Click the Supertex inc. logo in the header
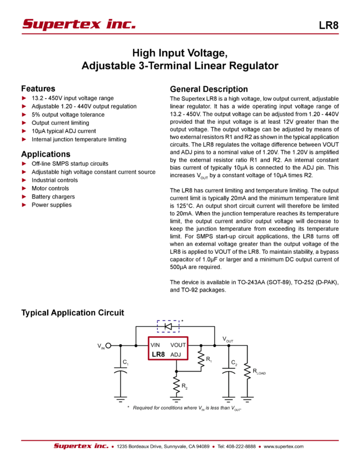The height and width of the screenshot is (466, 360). (x=78, y=24)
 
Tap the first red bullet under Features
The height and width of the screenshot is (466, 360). (x=23, y=98)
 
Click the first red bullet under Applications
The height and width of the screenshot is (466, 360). (x=23, y=163)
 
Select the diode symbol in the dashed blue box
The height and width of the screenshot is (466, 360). (x=169, y=326)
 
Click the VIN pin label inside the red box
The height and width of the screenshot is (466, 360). (x=155, y=345)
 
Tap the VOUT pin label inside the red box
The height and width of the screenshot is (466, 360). (x=178, y=345)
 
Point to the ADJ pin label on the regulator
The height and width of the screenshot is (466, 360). (x=179, y=354)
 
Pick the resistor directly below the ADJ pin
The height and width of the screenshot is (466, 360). (x=176, y=384)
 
